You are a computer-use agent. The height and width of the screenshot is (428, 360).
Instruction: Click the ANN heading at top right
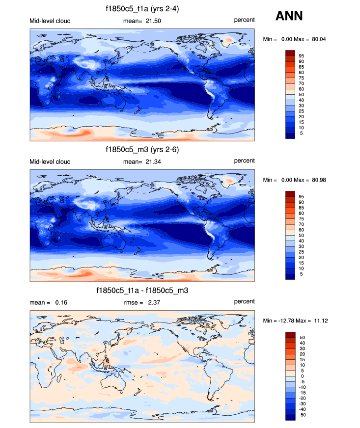[x=289, y=16]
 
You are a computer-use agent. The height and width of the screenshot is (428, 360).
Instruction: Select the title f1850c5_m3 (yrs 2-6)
[x=142, y=150]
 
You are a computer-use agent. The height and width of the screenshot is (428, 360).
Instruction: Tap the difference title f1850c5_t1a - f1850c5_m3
[x=142, y=291]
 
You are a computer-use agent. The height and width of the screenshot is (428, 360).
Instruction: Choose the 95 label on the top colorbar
[x=301, y=55]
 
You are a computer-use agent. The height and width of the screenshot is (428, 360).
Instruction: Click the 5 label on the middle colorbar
[x=301, y=274]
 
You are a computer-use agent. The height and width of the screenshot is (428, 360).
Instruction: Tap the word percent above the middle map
[x=244, y=161]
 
